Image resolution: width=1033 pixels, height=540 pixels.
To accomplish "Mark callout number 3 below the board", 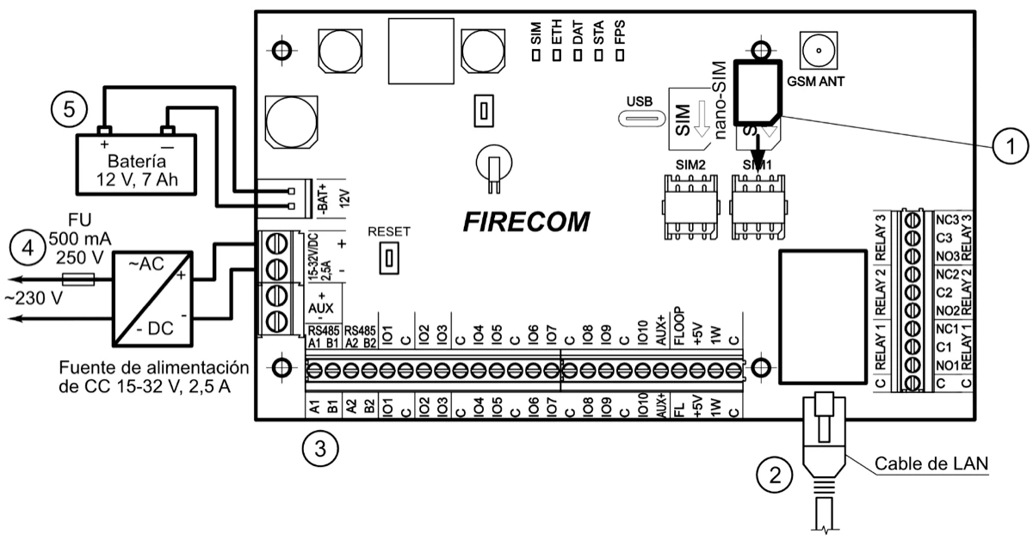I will (319, 448).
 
